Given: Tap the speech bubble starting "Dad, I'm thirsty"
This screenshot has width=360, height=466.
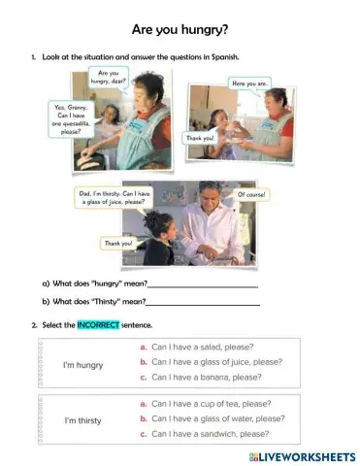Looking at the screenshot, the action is click(114, 198).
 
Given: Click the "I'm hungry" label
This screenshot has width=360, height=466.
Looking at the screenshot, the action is click(82, 364).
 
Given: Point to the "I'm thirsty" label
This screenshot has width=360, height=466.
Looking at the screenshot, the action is click(83, 420).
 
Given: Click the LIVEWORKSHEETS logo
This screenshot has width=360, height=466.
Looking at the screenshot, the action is click(302, 455).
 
